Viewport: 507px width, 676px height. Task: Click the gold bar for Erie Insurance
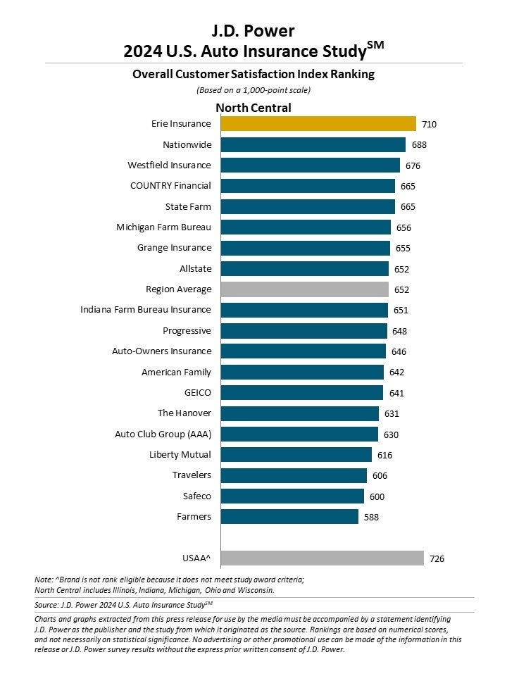click(318, 124)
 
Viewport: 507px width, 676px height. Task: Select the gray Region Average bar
click(304, 289)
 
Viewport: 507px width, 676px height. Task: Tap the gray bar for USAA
click(322, 558)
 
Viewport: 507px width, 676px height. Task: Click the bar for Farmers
click(289, 517)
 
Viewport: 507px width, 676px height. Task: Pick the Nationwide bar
click(313, 145)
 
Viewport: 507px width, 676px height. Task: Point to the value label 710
click(429, 125)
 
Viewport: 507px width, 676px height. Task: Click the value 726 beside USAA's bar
click(437, 559)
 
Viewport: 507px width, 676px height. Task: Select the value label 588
click(371, 518)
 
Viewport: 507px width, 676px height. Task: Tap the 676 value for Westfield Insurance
click(413, 166)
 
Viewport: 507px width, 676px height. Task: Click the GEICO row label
click(197, 393)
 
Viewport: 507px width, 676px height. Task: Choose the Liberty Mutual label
click(180, 455)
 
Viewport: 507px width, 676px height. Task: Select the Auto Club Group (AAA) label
click(163, 434)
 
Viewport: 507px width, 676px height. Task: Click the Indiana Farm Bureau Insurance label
click(146, 310)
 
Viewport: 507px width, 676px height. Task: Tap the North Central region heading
click(254, 108)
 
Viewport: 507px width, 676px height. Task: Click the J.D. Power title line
click(254, 31)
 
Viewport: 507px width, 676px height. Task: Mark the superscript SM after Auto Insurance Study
click(375, 46)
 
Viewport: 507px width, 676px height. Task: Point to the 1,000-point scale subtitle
click(254, 90)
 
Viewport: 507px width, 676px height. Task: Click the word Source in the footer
click(46, 604)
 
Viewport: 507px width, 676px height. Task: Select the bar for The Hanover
click(299, 413)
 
